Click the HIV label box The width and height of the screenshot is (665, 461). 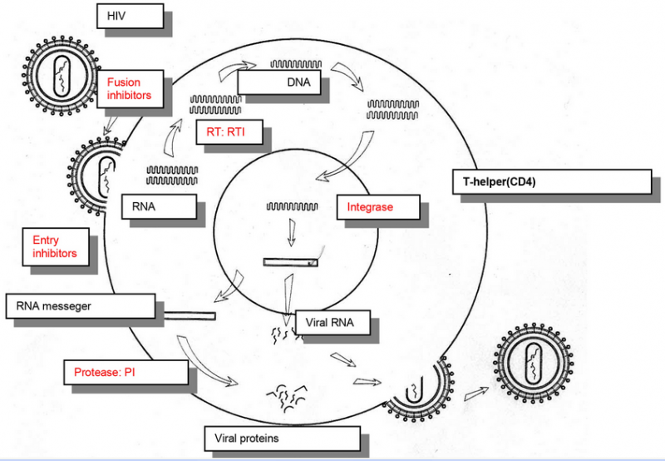click(130, 16)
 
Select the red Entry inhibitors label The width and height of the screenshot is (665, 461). click(55, 246)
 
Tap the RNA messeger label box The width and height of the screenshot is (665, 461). click(80, 305)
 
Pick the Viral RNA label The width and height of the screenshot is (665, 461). click(332, 321)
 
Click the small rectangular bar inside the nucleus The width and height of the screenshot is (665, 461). click(290, 262)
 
